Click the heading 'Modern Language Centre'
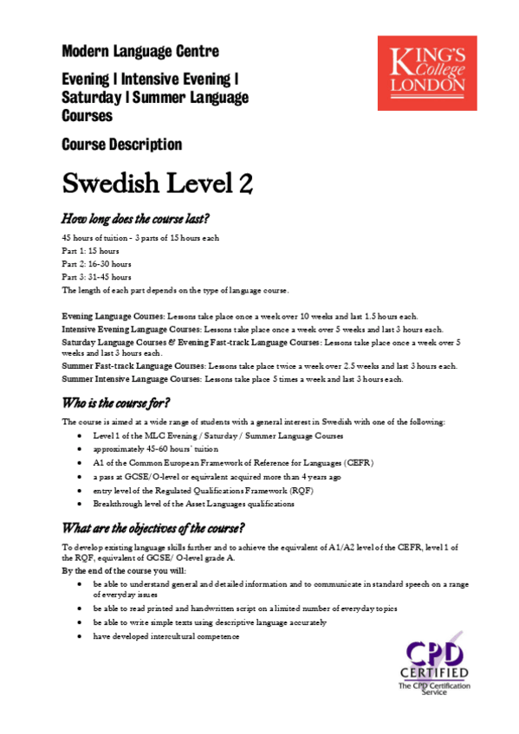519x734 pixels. pyautogui.click(x=140, y=52)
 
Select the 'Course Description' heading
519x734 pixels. pyautogui.click(x=122, y=145)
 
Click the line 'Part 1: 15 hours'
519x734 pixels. pyautogui.click(x=90, y=250)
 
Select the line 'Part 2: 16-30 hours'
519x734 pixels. pyautogui.click(x=96, y=263)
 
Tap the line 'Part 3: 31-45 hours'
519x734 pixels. pyautogui.click(x=96, y=276)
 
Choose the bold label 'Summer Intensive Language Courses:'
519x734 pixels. pyautogui.click(x=133, y=379)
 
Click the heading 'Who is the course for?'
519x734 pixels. pyautogui.click(x=116, y=402)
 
